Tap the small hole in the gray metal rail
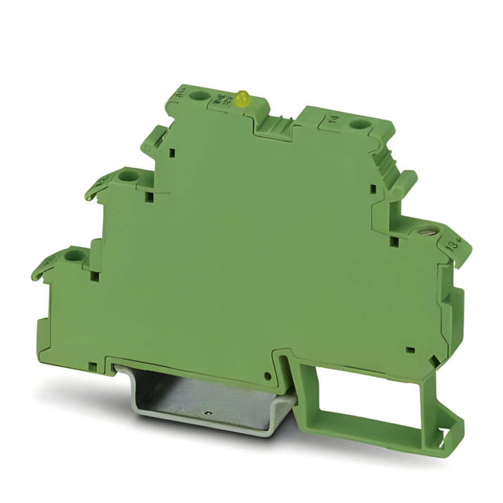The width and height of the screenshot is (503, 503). pos(207,414)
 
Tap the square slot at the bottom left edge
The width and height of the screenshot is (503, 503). pos(93,367)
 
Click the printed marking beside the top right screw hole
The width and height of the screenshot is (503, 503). pos(334,119)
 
